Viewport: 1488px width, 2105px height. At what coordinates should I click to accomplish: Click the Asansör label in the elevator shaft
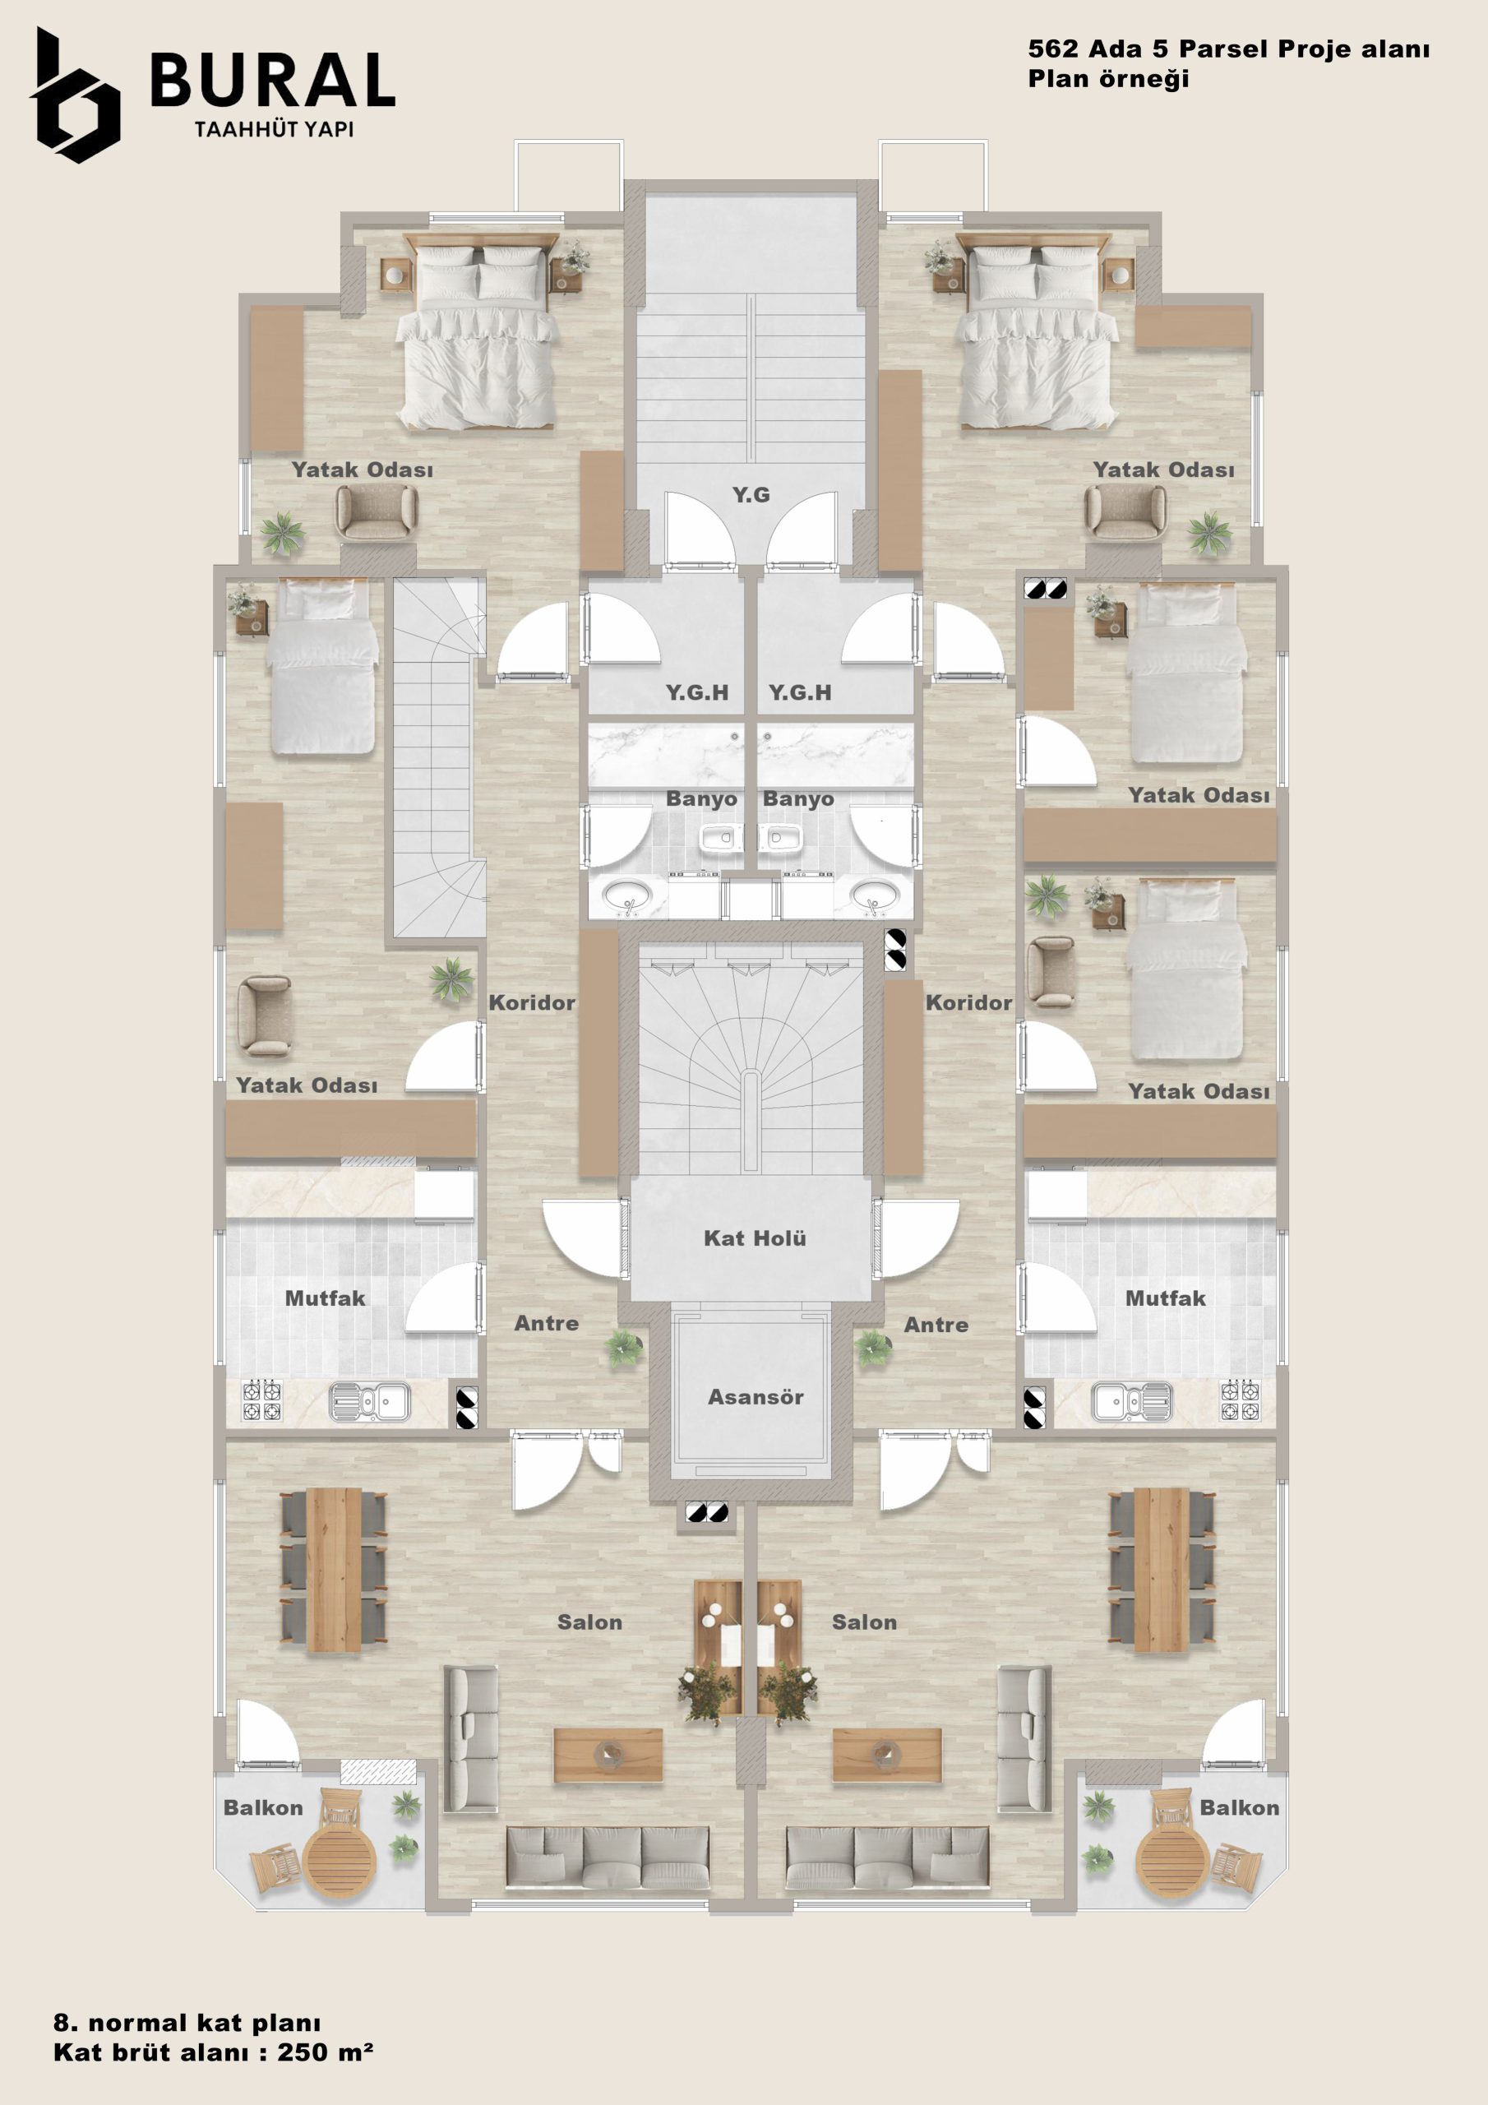(x=756, y=1397)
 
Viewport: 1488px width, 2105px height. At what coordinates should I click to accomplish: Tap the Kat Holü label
(x=755, y=1238)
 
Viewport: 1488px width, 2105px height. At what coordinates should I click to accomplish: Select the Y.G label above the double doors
(x=751, y=495)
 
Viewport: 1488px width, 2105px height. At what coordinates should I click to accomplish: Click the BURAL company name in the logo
(x=272, y=80)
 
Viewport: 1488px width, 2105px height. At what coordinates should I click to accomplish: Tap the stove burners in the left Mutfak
(x=261, y=1400)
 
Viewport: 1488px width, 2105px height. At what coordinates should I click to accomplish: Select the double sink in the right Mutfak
(x=1131, y=1402)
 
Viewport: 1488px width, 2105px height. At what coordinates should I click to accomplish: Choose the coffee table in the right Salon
(x=886, y=1756)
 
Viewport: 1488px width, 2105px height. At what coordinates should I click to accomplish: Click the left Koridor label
(x=532, y=1003)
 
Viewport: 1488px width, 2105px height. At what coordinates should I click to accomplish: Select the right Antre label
(x=936, y=1325)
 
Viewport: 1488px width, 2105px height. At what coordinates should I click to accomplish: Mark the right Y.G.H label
(x=799, y=693)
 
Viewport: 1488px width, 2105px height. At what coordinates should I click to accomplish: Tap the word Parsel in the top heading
(x=1224, y=49)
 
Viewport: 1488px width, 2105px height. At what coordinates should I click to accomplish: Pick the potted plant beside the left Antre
(x=622, y=1348)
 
